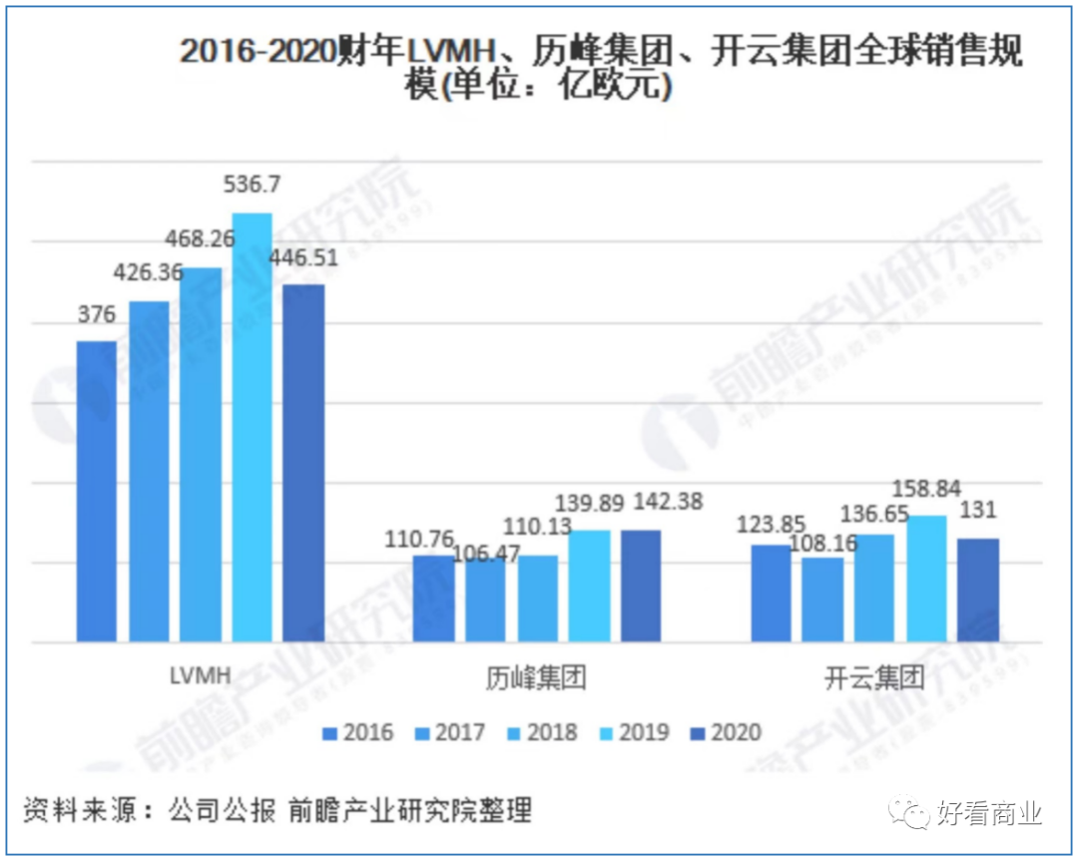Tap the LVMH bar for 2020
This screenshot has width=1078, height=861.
coord(303,463)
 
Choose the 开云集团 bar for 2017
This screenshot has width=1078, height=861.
coord(822,600)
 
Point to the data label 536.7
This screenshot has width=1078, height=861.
coord(252,186)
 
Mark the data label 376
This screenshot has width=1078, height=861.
coord(97,315)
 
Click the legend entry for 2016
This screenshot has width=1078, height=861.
coord(356,733)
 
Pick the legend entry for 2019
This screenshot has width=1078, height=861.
coord(633,733)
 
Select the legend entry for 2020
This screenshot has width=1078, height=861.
coord(726,733)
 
